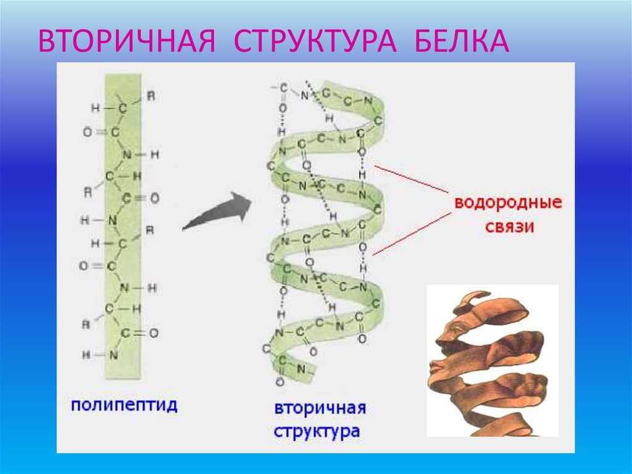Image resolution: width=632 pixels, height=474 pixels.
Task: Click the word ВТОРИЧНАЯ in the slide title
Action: click(x=127, y=40)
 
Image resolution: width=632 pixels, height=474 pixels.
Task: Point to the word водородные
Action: click(x=508, y=203)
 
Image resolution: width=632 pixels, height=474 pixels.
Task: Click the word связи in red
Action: click(x=509, y=227)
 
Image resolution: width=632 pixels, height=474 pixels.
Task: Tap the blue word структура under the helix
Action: click(x=316, y=431)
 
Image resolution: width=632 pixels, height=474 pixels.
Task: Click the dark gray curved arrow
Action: click(x=217, y=211)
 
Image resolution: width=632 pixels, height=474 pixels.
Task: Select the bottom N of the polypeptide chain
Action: click(x=113, y=355)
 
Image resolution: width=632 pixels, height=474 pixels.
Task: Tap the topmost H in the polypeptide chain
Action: click(x=94, y=108)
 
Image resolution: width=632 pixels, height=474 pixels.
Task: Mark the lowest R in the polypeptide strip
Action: click(x=87, y=323)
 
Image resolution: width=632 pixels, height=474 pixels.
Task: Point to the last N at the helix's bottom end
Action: click(x=302, y=369)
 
